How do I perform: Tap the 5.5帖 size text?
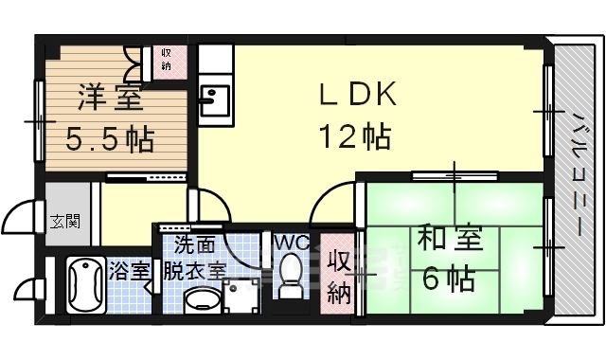coord(110,140)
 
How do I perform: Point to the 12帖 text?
coord(354,139)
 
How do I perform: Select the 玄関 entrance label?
coord(65,224)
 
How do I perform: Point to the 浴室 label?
coord(130,270)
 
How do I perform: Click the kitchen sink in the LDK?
coord(214,99)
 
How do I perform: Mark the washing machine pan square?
coord(238,298)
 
